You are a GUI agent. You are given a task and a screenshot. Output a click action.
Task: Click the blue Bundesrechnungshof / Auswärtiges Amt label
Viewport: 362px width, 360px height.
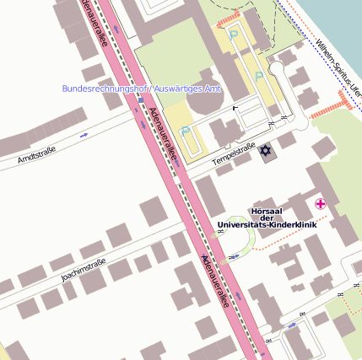141,89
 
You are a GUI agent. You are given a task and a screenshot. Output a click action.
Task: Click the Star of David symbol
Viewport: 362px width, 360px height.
267,150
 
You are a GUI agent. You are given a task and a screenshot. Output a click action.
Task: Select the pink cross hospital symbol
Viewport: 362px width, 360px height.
321,203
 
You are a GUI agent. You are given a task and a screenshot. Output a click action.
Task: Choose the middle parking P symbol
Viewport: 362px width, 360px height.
259,75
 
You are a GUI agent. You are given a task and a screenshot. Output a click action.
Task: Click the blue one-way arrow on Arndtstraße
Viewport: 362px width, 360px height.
84,134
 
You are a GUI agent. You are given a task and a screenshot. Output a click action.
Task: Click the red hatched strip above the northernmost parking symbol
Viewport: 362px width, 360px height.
230,20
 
